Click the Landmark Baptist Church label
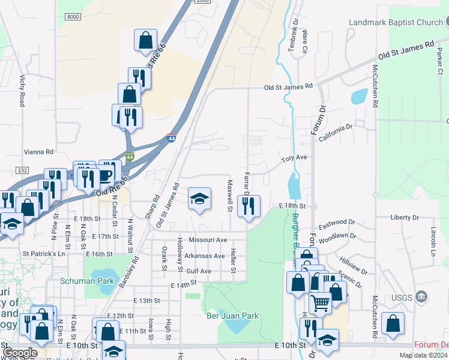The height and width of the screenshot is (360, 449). [395, 23]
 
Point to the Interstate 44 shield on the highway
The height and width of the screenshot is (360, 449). [172, 139]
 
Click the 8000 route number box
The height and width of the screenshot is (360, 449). [73, 17]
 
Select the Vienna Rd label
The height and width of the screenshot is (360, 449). [37, 152]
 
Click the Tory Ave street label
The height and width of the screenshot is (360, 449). [295, 158]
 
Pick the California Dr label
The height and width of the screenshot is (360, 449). [336, 131]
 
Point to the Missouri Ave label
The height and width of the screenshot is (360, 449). [208, 239]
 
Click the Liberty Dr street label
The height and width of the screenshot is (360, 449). [404, 217]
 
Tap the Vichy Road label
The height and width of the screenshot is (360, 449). [22, 91]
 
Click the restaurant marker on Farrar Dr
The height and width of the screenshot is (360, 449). [248, 206]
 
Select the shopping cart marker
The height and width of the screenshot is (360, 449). [320, 303]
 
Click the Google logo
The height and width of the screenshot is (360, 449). [20, 353]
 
